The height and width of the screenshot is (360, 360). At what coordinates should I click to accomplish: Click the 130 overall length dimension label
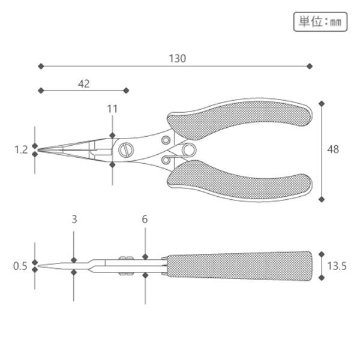point(178,58)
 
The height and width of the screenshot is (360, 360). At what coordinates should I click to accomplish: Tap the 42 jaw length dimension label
point(84,83)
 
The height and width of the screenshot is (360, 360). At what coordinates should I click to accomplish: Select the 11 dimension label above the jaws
point(112,109)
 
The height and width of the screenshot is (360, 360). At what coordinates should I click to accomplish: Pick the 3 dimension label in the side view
point(74,219)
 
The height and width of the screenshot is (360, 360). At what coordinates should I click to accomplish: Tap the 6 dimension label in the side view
point(145,219)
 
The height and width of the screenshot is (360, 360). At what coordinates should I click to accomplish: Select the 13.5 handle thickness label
point(337,265)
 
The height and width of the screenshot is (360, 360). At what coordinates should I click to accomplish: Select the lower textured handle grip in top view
point(240,181)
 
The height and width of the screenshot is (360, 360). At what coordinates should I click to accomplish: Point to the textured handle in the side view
point(240,265)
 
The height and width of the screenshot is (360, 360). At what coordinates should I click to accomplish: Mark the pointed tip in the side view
point(41,265)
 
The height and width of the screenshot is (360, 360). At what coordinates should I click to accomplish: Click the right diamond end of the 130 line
point(310,66)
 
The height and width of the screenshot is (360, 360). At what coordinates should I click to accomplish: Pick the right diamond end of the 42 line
point(126,91)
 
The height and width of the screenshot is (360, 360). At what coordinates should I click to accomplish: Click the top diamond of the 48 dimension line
point(322,103)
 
